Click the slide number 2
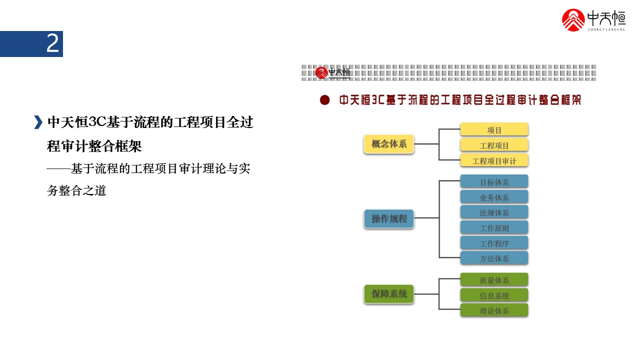pos(52,44)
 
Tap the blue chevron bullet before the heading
pos(38,122)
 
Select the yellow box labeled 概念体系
pos(389,144)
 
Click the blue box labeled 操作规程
pos(389,218)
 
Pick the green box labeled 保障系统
pos(389,293)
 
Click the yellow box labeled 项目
pos(494,130)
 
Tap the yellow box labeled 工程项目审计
pos(494,161)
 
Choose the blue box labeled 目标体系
pos(494,181)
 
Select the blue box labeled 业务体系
pos(494,197)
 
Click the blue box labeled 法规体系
pos(494,212)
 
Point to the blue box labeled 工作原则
pos(494,228)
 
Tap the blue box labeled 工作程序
pos(494,243)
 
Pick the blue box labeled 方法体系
pos(494,258)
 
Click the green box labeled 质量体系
pos(494,280)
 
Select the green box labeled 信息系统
pos(494,295)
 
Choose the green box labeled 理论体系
pos(494,310)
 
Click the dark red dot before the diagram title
pos(325,100)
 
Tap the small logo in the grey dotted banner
pos(333,73)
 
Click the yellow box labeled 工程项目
pos(494,145)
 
